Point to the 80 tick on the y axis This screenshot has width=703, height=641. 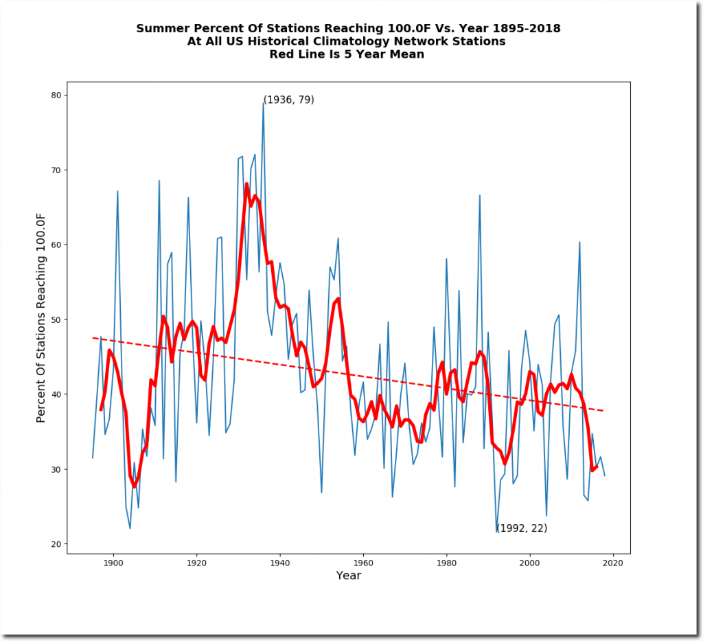point(67,95)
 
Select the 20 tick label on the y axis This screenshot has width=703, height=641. point(58,544)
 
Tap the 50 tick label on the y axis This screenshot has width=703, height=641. point(58,319)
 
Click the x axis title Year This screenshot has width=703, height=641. point(349,576)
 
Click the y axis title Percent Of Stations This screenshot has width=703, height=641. point(41,317)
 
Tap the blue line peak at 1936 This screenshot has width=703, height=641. point(263,103)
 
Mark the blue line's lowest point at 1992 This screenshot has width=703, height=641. point(496,530)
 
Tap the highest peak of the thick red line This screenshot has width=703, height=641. point(246,183)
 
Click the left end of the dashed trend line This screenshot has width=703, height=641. point(93,337)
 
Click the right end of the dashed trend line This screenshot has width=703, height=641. point(604,411)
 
